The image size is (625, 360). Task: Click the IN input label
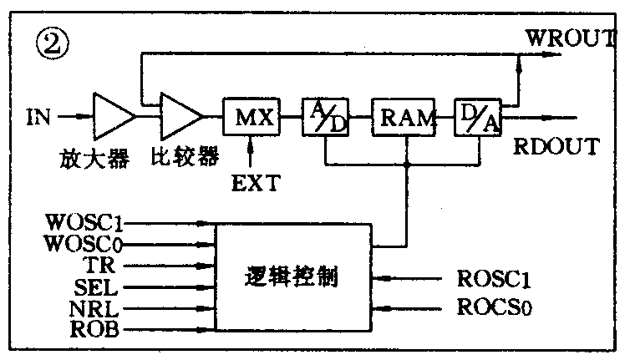pos(38,117)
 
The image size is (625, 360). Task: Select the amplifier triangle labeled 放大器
pos(112,118)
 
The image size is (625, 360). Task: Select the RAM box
pos(404,118)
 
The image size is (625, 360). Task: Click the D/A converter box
pos(476,118)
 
